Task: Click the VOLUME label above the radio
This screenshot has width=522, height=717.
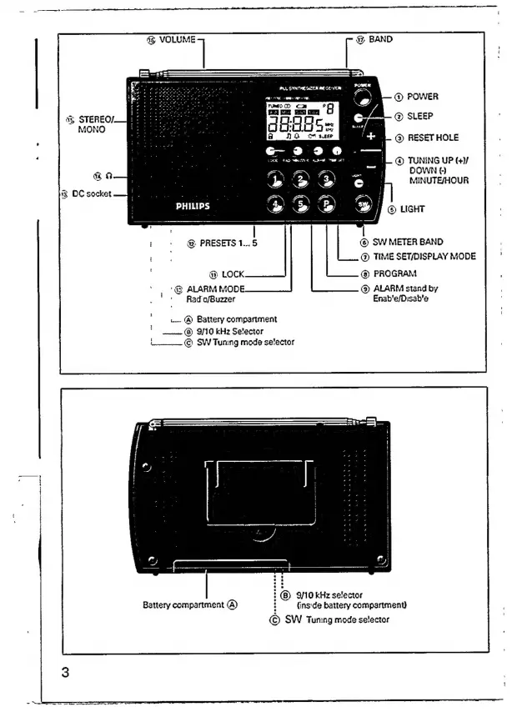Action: [177, 39]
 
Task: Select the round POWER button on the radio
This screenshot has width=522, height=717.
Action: [362, 96]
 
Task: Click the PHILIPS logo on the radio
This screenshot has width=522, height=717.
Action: [193, 204]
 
